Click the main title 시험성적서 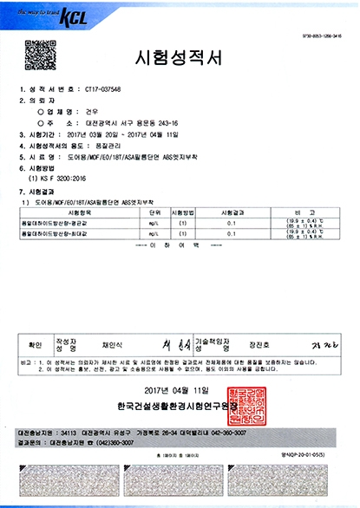click(180, 58)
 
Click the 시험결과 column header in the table click(233, 211)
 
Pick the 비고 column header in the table click(310, 211)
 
